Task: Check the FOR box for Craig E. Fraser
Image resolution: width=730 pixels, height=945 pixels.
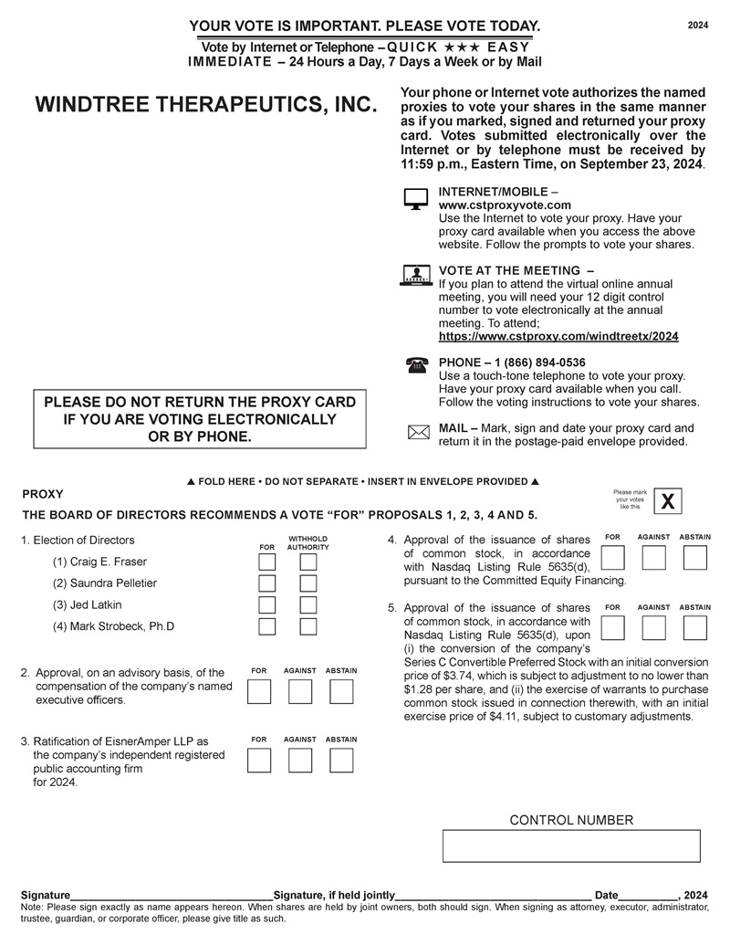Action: [267, 562]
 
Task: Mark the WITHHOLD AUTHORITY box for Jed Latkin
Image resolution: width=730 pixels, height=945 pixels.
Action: [308, 604]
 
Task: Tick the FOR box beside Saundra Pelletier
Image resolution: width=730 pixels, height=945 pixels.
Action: [267, 583]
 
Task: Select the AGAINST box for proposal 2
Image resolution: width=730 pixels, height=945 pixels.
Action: [300, 692]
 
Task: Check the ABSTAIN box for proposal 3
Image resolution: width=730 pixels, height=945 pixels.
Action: [341, 760]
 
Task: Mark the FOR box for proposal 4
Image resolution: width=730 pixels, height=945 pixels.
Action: [614, 557]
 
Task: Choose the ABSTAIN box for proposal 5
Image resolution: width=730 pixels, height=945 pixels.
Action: [695, 626]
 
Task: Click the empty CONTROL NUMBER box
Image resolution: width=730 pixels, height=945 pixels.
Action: [571, 846]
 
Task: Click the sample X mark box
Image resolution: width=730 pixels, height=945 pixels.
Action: [669, 502]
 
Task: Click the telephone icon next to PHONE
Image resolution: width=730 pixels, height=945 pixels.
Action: [417, 365]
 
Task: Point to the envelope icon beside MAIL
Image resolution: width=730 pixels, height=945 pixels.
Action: [417, 433]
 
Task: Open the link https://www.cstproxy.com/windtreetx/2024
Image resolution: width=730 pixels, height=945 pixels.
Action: [558, 336]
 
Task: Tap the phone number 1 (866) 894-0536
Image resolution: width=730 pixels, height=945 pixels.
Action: [539, 362]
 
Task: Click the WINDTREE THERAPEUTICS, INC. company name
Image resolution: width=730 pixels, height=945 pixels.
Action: [205, 105]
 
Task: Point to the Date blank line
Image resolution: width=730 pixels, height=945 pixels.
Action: [648, 894]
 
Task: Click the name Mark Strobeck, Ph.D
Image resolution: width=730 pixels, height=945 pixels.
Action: [113, 626]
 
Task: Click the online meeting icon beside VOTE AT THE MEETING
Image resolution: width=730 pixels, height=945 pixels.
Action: [416, 275]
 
